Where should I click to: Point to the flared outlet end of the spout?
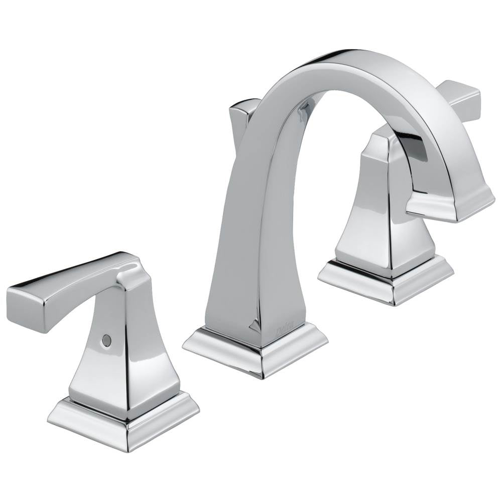[449, 203]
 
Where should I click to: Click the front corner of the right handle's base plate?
[394, 301]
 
